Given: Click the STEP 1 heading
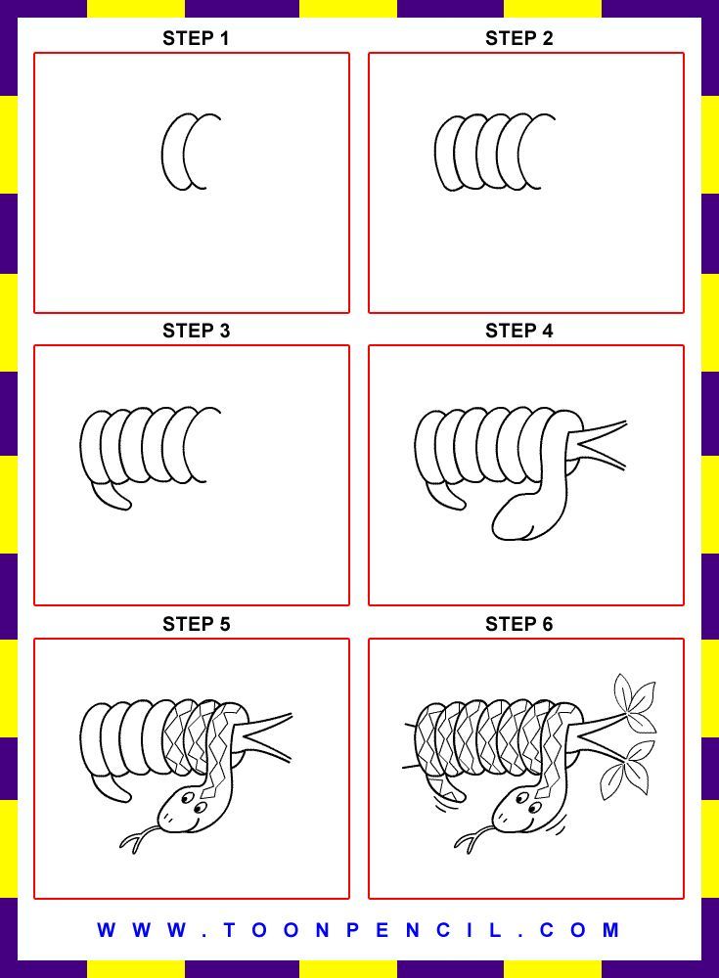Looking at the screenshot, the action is coord(196,39).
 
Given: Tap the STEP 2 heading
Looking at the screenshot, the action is coord(519,39).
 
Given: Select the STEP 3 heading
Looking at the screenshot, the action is coord(196,331).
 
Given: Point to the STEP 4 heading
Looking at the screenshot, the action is coord(519,331).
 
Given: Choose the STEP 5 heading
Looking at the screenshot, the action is coord(196,624).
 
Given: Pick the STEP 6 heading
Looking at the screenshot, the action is coord(519,624).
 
